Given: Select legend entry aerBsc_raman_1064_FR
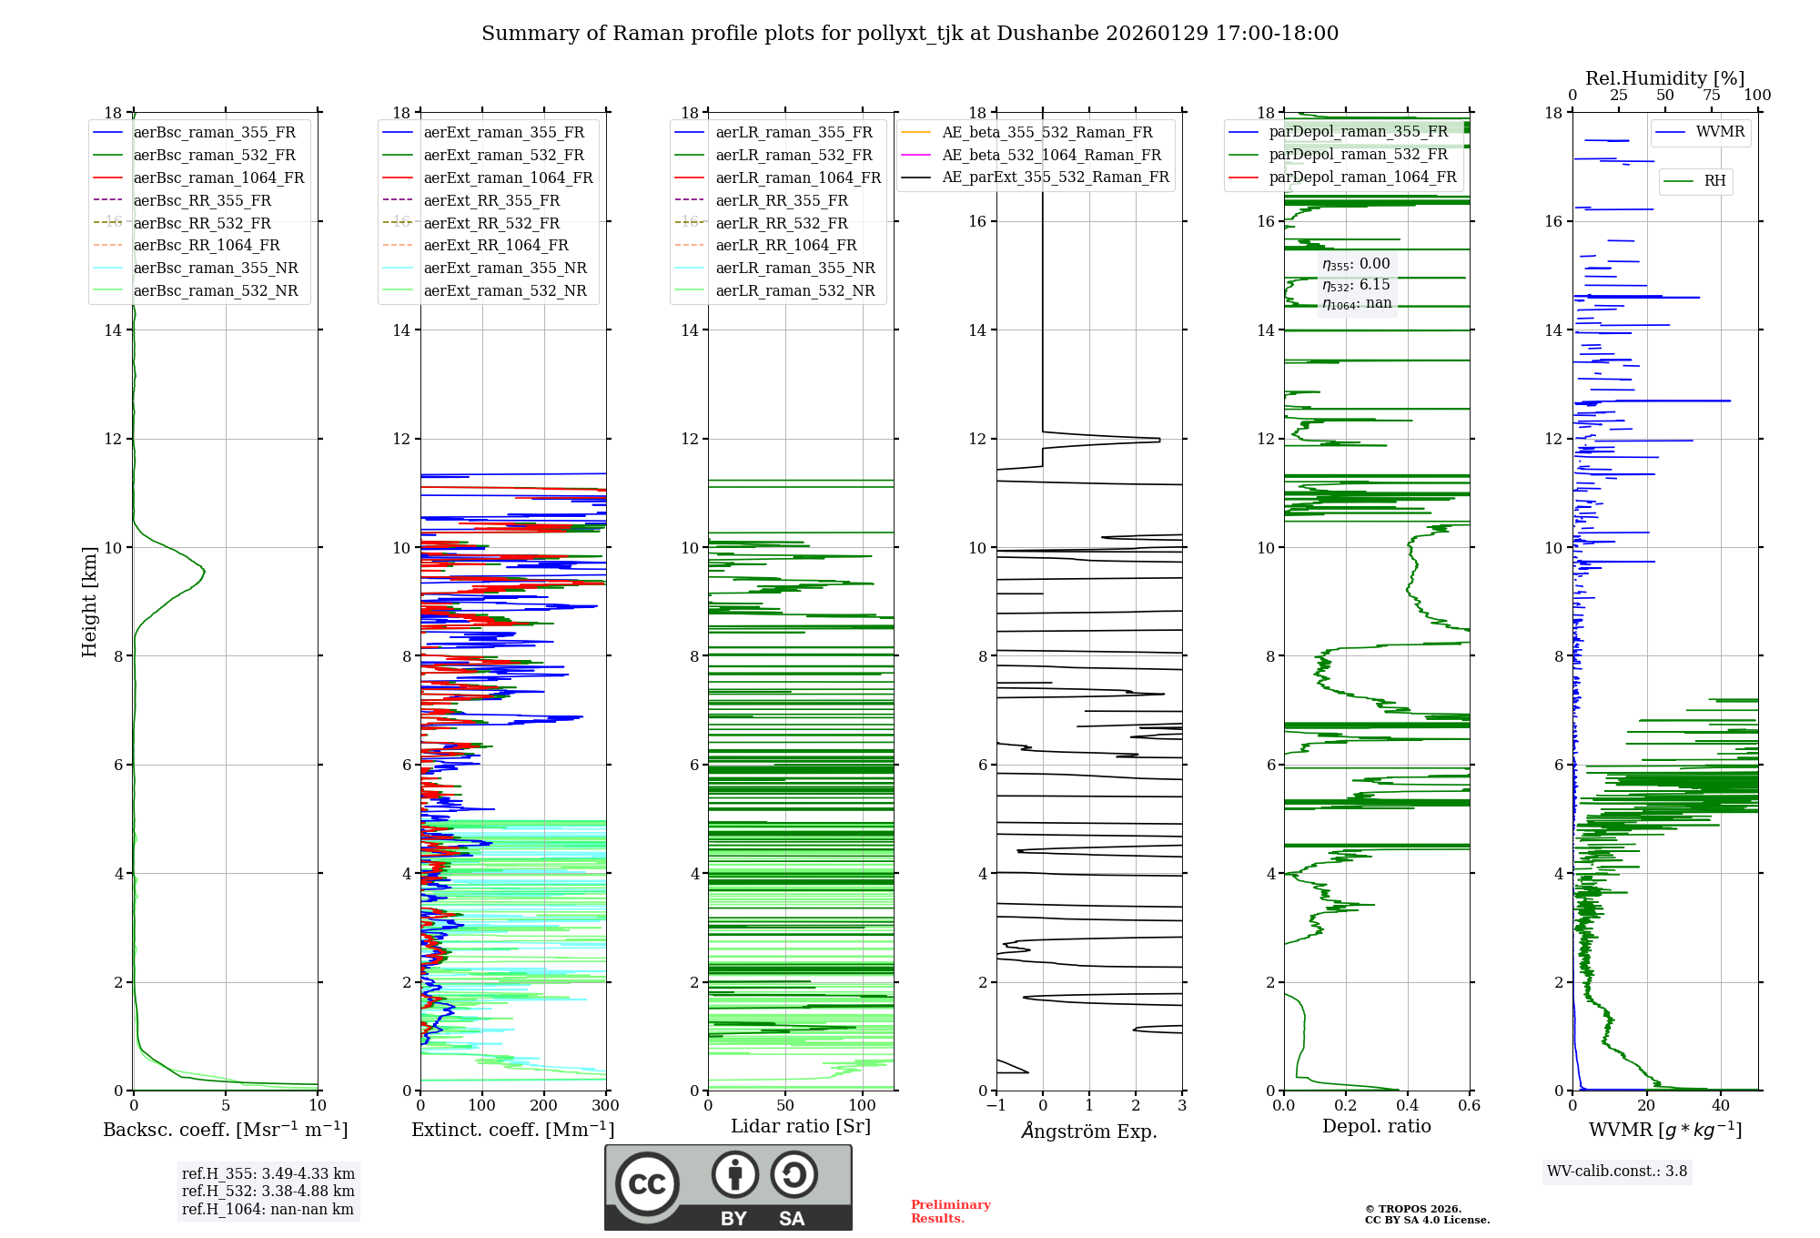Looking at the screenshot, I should (218, 178).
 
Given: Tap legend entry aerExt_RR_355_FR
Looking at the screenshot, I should (491, 200).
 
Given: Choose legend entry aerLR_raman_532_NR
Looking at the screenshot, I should (794, 290).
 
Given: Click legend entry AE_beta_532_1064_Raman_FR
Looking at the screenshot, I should (1051, 155).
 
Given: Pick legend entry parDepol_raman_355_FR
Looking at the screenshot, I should (1358, 131).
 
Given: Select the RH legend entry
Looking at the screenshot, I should (1714, 181).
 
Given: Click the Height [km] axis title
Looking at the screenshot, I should (89, 601).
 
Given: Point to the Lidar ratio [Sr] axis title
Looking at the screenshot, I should (801, 1126).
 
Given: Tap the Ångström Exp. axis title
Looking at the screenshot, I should (1089, 1131).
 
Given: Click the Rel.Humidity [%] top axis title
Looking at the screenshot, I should (1664, 78).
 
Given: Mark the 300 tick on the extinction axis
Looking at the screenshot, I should (605, 1106).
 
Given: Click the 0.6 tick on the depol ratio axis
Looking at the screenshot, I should (1469, 1106).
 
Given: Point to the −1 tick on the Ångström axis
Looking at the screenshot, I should (996, 1106).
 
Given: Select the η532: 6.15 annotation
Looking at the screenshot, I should (1356, 284).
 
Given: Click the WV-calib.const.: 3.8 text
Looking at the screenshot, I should (1617, 1172).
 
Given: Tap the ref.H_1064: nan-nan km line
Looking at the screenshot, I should (268, 1209).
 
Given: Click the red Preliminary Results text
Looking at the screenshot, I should (950, 1212).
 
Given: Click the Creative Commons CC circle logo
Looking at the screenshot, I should (647, 1183).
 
